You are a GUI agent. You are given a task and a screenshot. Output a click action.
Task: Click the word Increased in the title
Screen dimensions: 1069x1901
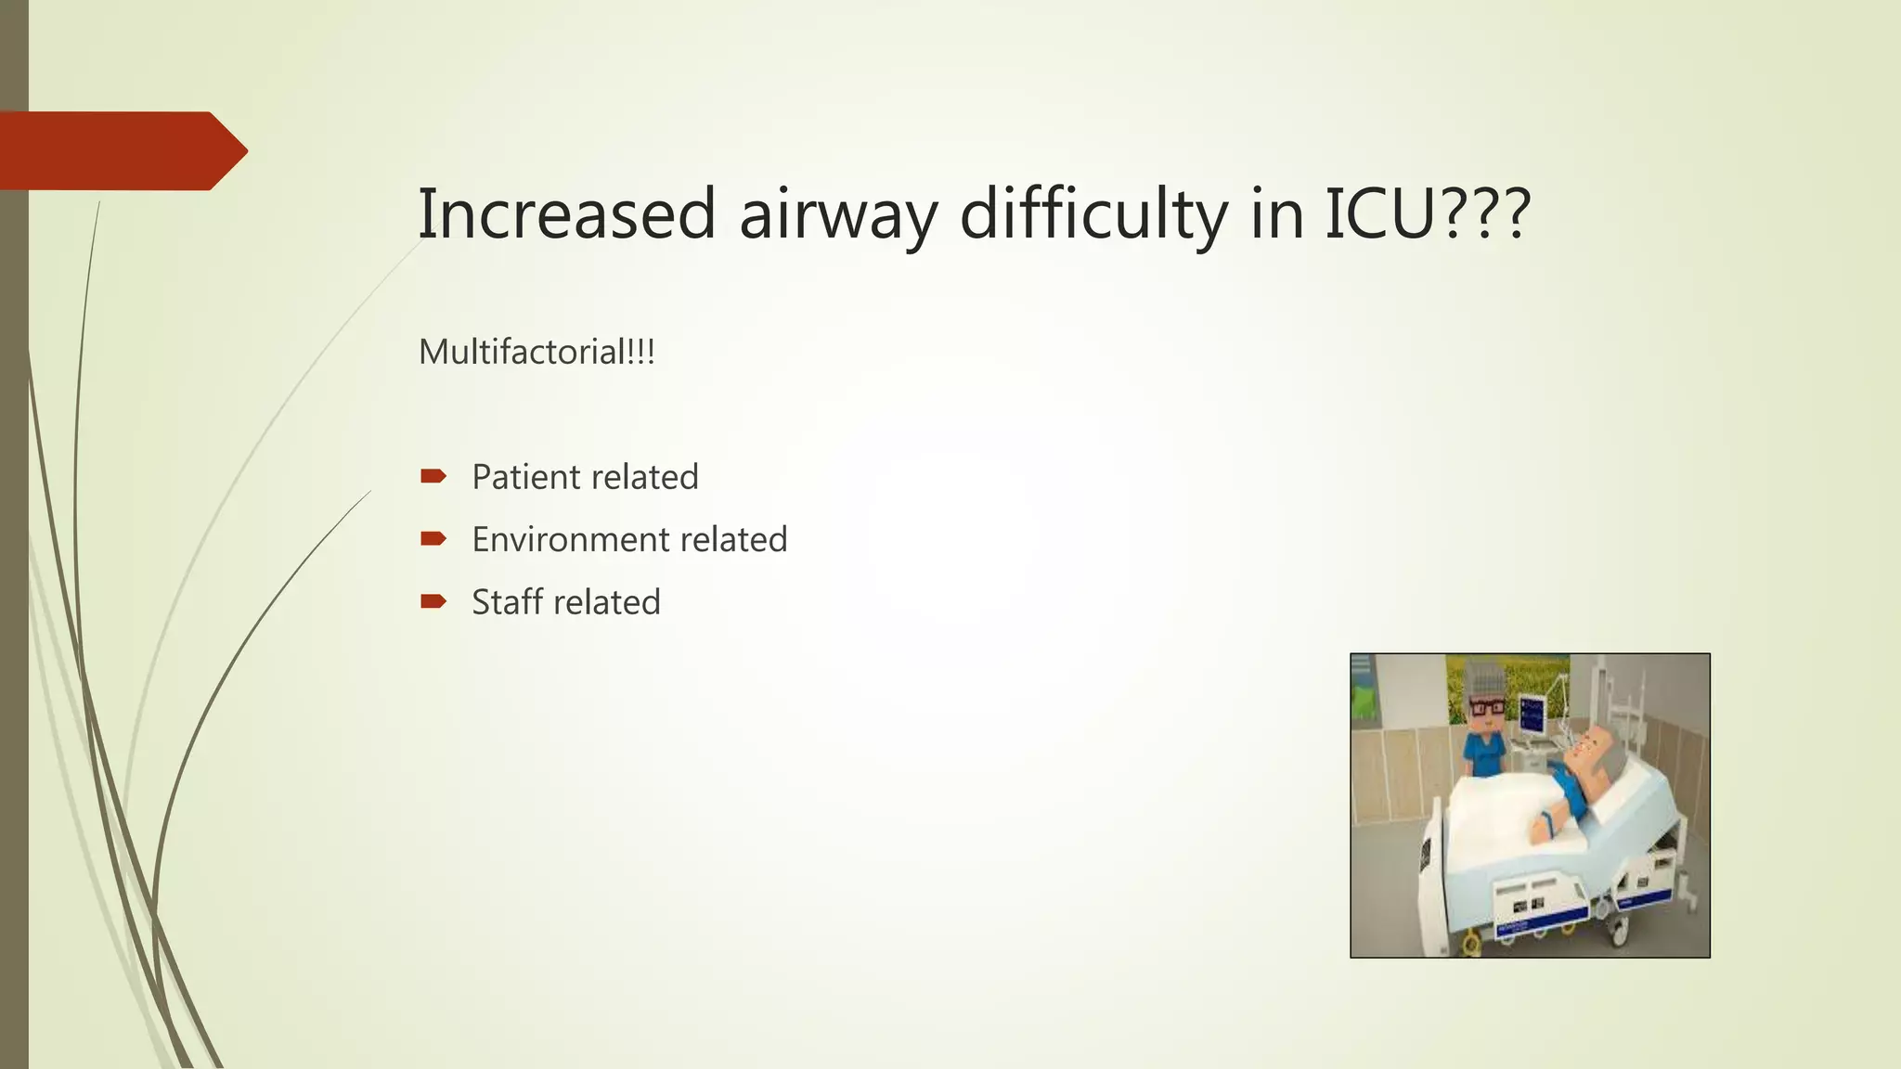tap(566, 213)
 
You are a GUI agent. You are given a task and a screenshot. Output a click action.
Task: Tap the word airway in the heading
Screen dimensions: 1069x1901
tap(838, 215)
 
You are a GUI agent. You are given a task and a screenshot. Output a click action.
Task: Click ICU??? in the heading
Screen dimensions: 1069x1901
tap(1427, 213)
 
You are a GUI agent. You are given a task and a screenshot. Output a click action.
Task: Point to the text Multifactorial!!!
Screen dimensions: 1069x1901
tap(537, 353)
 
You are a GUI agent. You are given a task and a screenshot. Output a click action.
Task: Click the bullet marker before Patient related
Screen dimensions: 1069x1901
tap(433, 477)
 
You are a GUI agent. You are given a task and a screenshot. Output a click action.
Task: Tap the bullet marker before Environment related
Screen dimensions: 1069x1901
tap(433, 539)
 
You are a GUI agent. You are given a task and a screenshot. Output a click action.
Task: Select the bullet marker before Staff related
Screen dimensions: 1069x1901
tap(433, 602)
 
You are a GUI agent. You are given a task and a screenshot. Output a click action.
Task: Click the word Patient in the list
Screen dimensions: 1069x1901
tap(525, 477)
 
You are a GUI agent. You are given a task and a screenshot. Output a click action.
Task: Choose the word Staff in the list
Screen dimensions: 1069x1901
tap(507, 602)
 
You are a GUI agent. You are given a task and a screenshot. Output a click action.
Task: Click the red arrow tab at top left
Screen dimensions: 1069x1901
tap(121, 150)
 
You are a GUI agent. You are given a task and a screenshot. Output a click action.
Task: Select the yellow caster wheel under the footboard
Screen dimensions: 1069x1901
tap(1472, 945)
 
